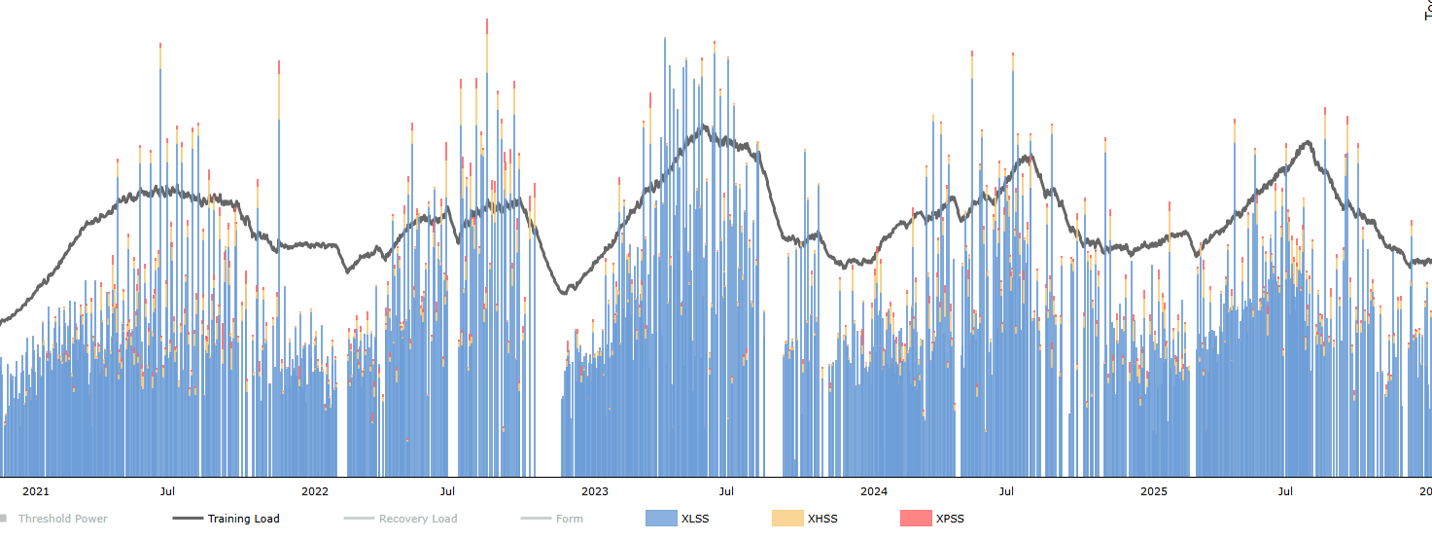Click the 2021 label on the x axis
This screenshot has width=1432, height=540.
[35, 491]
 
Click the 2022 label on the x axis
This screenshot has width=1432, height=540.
[315, 491]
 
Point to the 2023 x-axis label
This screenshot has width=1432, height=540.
[595, 491]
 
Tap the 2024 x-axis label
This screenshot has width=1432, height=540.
[874, 491]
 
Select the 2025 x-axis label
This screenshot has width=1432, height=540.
[1154, 491]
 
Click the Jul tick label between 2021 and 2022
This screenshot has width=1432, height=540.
[168, 491]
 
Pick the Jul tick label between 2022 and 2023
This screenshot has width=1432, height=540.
[447, 491]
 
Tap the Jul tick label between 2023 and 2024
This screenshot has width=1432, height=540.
[726, 491]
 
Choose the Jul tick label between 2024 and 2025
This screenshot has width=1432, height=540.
[1007, 491]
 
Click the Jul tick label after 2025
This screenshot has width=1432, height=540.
[1286, 491]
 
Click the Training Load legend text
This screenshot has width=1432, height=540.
[243, 519]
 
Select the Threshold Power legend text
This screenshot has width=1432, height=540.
[62, 519]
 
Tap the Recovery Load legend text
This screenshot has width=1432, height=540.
[418, 519]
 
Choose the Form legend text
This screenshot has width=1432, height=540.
[570, 519]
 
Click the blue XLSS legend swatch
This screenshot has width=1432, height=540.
[661, 519]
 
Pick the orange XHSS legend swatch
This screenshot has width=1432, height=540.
[787, 519]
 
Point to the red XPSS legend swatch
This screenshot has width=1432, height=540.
[916, 519]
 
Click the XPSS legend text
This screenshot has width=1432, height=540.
[950, 519]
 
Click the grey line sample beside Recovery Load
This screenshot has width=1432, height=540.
[359, 519]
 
